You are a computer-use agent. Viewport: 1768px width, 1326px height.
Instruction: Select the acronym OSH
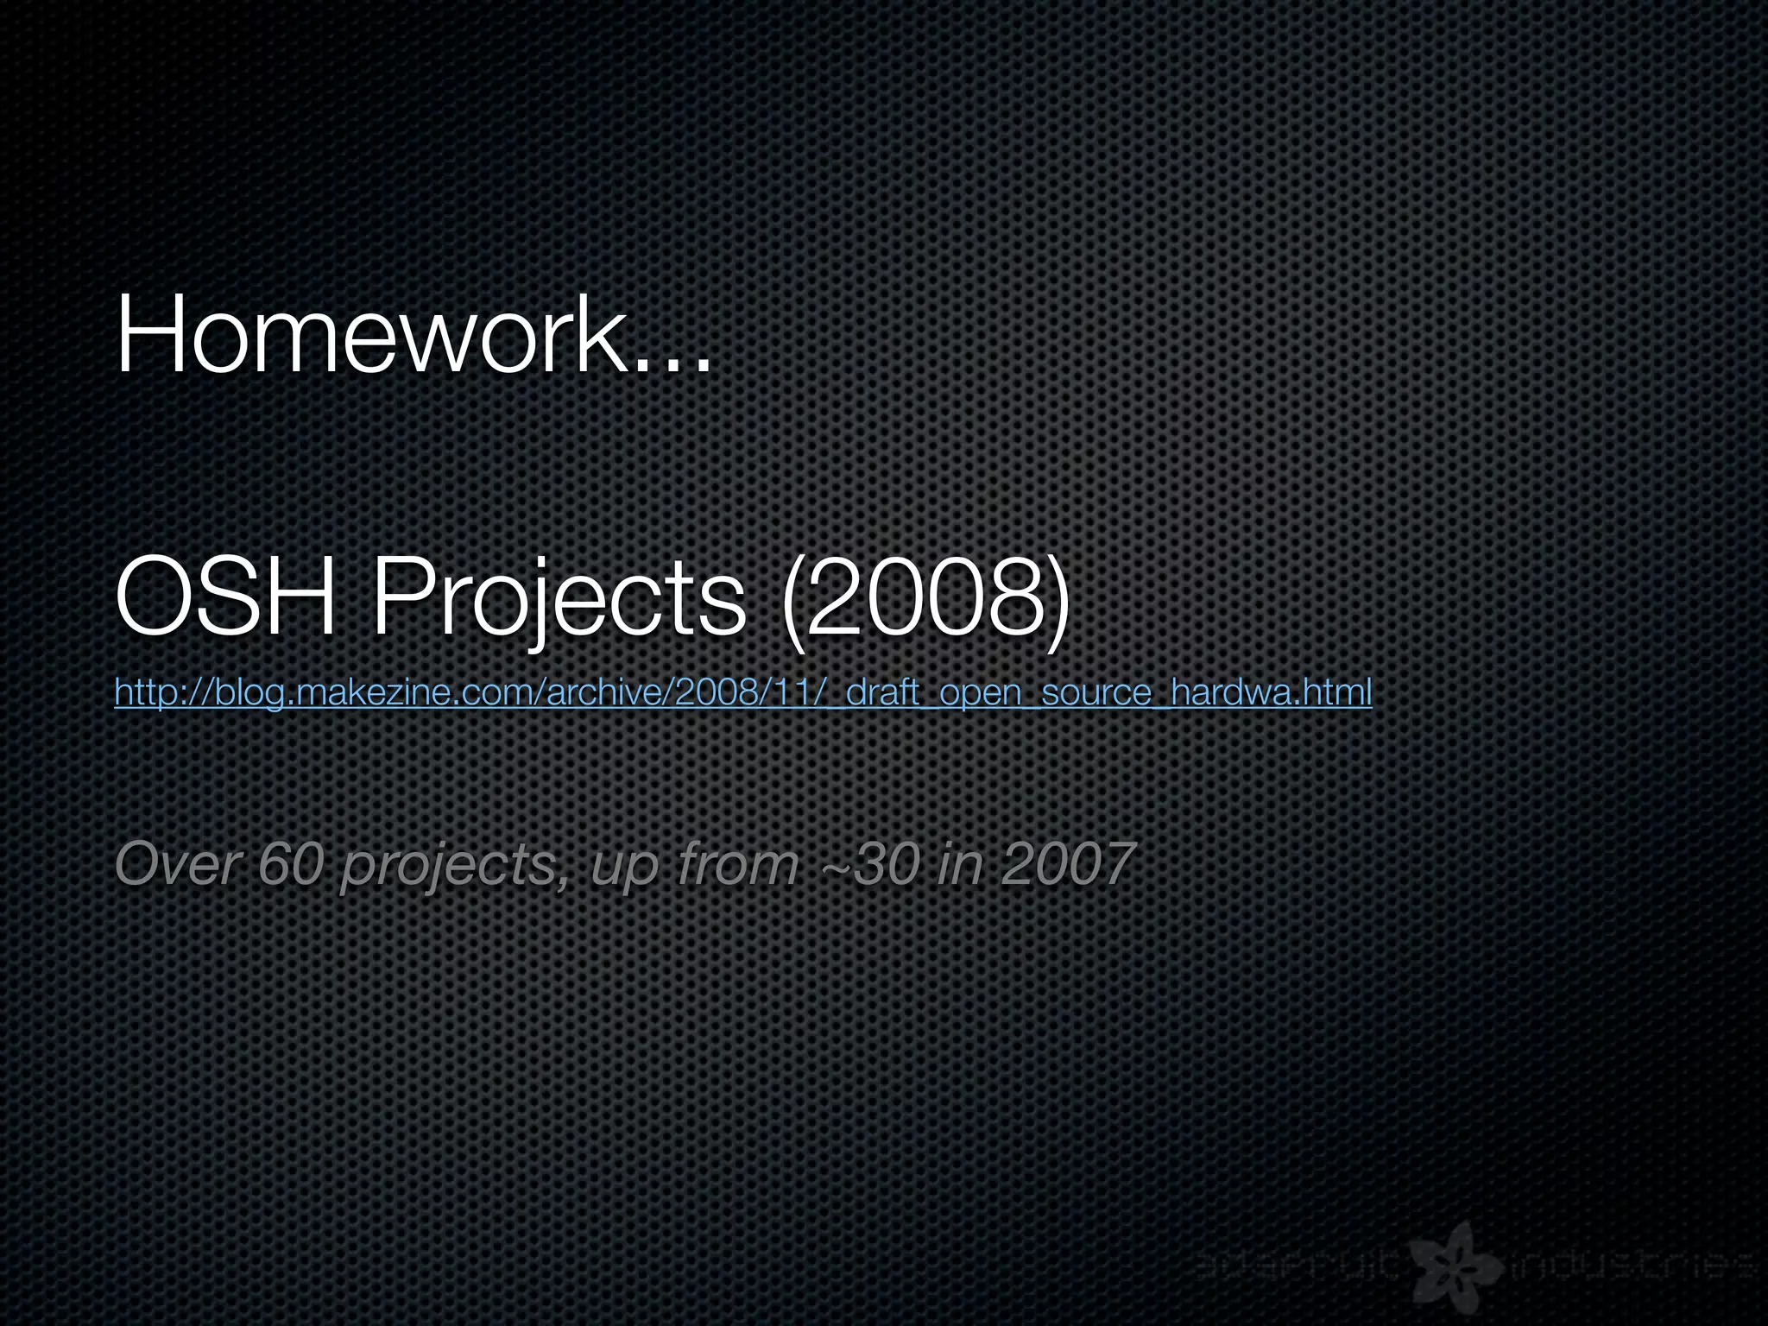[225, 596]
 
